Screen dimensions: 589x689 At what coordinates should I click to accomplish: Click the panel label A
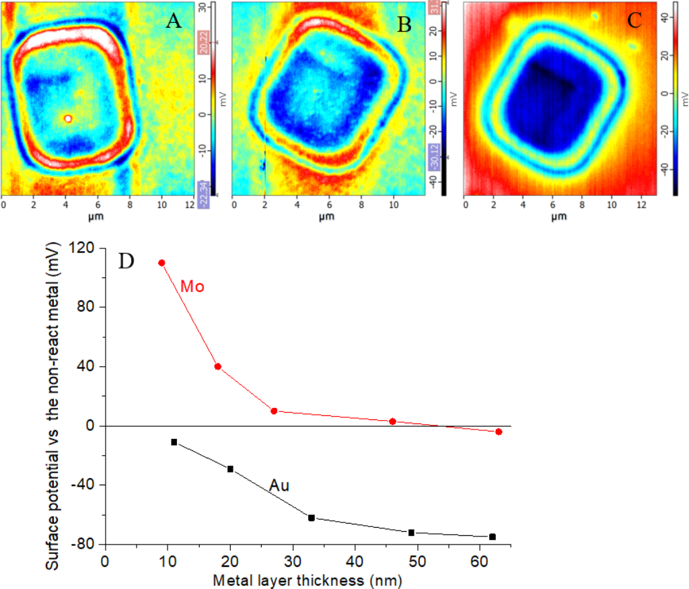174,22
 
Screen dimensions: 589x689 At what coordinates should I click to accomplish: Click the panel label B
404,24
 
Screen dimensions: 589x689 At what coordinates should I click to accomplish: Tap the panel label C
634,20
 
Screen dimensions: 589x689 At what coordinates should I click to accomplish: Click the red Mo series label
192,287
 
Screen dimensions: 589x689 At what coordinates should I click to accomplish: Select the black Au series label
279,485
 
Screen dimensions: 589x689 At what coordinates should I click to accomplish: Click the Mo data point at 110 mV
161,263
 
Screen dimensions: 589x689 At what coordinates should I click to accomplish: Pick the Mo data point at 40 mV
218,367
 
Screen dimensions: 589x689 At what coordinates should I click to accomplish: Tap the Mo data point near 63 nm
499,431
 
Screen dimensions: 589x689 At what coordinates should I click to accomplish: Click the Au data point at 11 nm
174,442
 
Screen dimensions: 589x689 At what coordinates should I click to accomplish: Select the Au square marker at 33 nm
312,518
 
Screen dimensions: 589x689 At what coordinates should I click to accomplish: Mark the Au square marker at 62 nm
493,536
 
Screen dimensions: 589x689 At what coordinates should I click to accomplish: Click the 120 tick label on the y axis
85,248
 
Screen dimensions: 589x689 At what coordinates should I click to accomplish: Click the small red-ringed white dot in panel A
68,118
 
